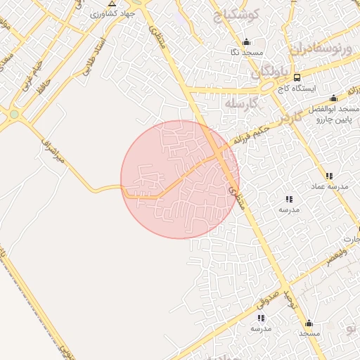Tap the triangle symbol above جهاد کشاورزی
pos(111,3)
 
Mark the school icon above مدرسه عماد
pos(328,176)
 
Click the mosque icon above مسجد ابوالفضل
pos(333,98)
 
